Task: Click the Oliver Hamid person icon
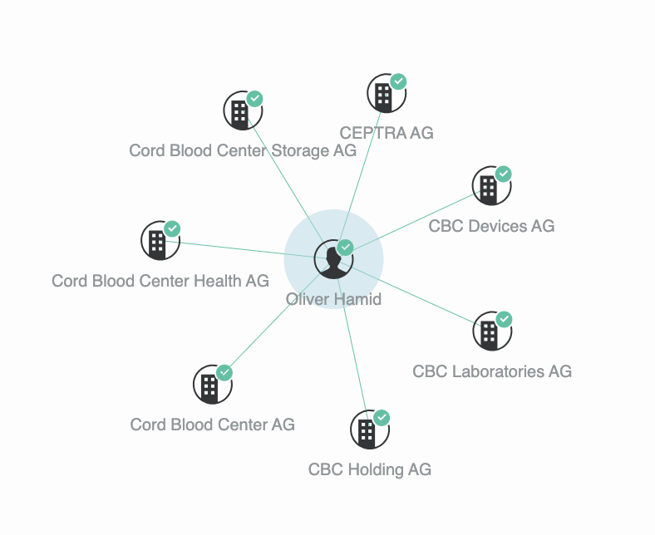pos(333,259)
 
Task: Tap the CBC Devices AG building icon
pos(490,188)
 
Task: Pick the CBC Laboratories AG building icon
pos(491,332)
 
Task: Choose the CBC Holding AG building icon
pos(369,429)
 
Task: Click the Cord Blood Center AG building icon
pos(212,385)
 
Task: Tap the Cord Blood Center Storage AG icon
pos(242,110)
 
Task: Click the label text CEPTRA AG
pos(387,133)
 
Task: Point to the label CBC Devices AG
pos(491,226)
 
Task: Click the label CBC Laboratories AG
pos(492,371)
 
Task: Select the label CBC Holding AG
pos(370,469)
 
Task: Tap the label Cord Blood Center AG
pos(212,425)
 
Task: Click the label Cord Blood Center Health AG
pos(160,281)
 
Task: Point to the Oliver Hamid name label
pos(333,299)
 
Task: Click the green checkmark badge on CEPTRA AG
pos(399,81)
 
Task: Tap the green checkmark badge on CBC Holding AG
pos(382,417)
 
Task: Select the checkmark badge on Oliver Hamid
pos(345,248)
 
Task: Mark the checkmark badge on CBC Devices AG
pos(504,174)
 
